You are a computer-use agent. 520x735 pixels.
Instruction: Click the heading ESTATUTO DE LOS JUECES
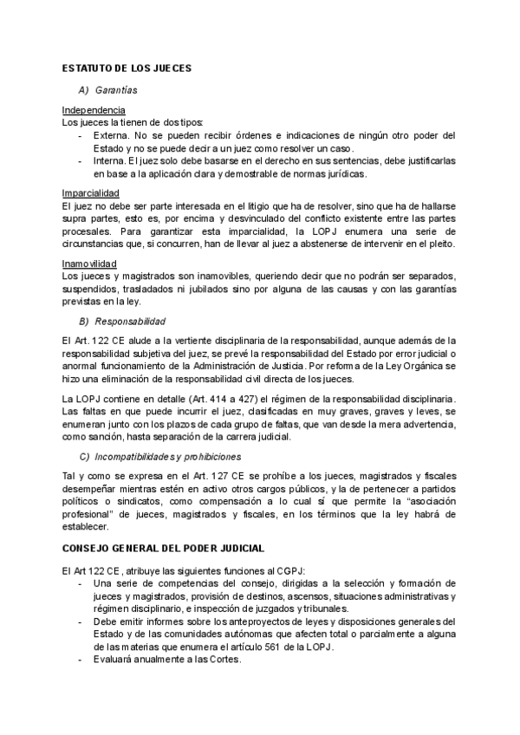127,68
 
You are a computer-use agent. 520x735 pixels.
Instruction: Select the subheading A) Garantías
107,89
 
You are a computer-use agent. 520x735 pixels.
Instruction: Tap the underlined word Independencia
94,110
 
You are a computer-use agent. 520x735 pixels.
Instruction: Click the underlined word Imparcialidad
91,192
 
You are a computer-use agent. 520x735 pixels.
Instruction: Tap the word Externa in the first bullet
109,135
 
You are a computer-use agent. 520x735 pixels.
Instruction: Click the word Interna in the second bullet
108,161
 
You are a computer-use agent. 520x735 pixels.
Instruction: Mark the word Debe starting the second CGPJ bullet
105,621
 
